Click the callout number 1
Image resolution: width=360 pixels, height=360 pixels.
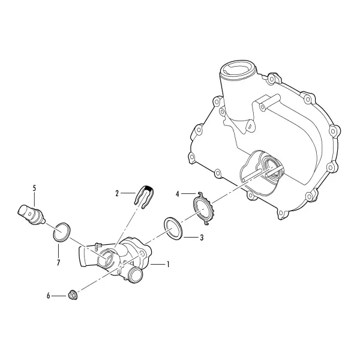tap(168, 265)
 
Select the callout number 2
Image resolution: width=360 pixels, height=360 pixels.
tap(117, 194)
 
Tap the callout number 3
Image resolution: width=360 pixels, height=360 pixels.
tap(202, 238)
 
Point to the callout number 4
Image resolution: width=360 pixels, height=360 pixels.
tap(177, 194)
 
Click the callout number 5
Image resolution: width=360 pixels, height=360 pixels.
tap(34, 188)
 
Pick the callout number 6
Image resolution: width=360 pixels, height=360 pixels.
tap(48, 296)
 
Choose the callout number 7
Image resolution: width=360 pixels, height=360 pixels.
tap(58, 263)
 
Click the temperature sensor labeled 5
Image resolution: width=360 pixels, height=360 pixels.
tap(31, 214)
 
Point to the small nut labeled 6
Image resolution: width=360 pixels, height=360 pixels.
tap(73, 295)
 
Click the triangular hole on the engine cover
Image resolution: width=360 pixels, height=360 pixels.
tap(251, 125)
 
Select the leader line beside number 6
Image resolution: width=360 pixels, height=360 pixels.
tap(59, 296)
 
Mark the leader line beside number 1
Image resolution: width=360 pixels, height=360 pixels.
tap(158, 265)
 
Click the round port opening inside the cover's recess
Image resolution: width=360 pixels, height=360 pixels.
tap(272, 168)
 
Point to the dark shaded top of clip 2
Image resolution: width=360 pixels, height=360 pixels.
tap(149, 189)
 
